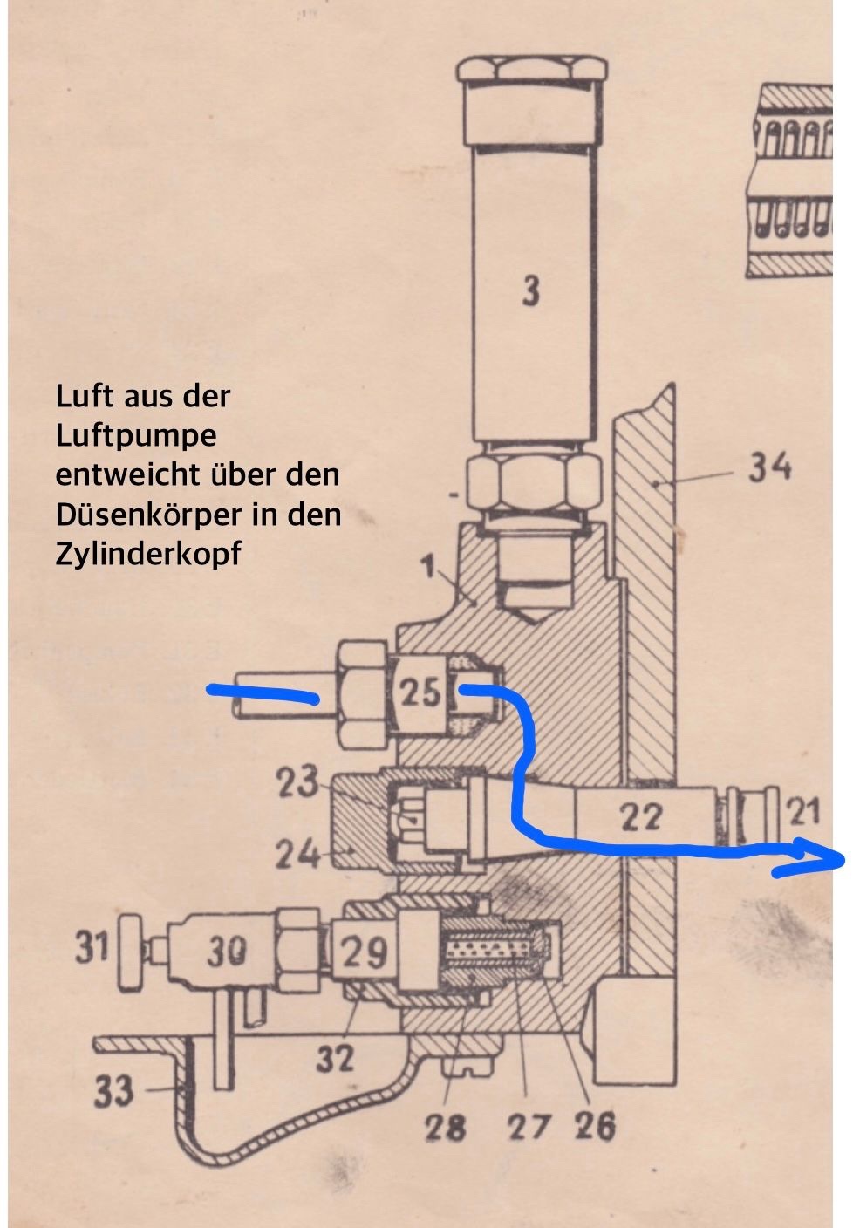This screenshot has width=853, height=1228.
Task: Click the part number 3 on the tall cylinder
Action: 530,291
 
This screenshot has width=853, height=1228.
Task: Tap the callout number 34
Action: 769,468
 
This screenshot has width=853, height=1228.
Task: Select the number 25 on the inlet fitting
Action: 421,693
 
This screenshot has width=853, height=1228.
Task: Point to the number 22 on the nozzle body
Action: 641,817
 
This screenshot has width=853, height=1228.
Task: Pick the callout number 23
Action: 297,781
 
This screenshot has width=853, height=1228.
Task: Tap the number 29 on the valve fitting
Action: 365,952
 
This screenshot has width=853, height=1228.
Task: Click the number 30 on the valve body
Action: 228,952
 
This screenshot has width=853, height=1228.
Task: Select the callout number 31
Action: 92,948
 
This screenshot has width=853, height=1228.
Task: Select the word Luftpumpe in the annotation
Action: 136,436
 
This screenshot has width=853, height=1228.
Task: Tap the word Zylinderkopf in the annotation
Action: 148,555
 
